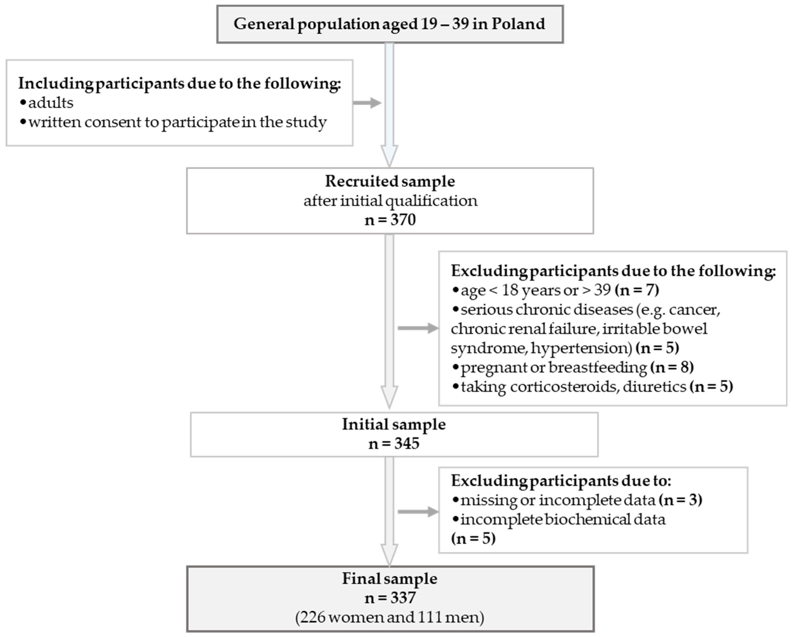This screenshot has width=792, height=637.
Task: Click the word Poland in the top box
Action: click(x=518, y=24)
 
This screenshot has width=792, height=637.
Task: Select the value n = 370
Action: click(x=390, y=220)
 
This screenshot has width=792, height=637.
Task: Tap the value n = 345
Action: click(x=394, y=444)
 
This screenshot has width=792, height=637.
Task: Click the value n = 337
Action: click(x=390, y=598)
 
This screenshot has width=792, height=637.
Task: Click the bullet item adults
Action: click(x=51, y=103)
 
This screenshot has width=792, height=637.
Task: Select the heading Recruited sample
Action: click(x=390, y=181)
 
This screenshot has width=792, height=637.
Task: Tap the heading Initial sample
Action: click(x=394, y=424)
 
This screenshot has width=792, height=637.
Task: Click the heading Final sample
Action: click(x=390, y=579)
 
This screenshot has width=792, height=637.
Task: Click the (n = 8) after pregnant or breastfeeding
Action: click(x=672, y=367)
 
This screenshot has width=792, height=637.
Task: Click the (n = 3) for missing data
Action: click(x=680, y=500)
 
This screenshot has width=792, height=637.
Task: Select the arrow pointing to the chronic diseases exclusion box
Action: click(x=418, y=328)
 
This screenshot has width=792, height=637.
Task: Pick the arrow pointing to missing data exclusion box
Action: click(x=418, y=512)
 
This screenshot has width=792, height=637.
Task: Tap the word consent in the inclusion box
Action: click(x=113, y=122)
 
